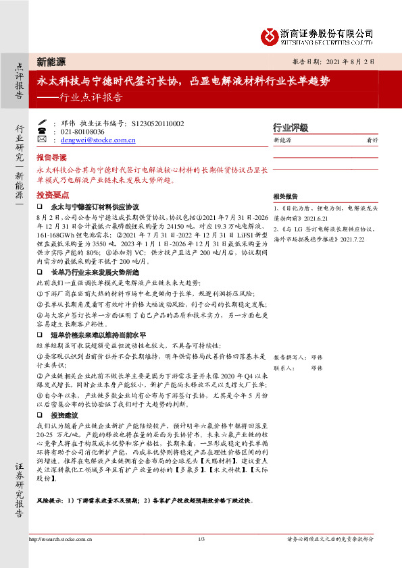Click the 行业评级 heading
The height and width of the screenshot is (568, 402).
pyautogui.click(x=291, y=127)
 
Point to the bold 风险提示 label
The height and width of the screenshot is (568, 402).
pyautogui.click(x=51, y=501)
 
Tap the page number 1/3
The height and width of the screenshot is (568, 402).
pyautogui.click(x=201, y=540)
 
